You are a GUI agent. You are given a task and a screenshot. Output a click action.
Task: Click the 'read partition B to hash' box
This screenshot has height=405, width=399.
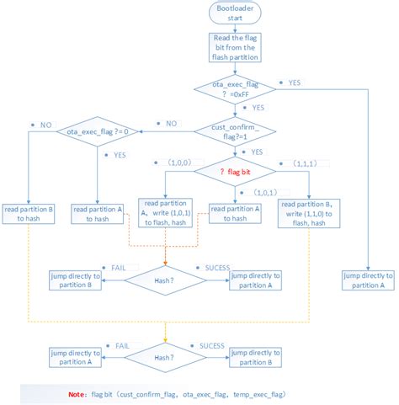29,214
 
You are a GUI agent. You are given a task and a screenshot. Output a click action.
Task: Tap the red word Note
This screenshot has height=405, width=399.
77,394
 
